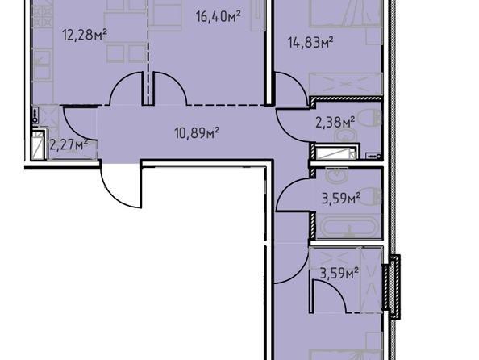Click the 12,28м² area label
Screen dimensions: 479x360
click(x=85, y=35)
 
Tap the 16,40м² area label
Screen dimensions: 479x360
click(x=219, y=16)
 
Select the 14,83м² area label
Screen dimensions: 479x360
click(x=310, y=43)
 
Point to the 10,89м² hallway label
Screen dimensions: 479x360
click(x=197, y=133)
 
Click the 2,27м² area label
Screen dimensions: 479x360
click(x=69, y=144)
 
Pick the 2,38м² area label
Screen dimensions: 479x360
click(x=335, y=122)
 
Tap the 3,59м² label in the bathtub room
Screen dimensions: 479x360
click(x=341, y=198)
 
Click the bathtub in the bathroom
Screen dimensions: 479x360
click(x=348, y=227)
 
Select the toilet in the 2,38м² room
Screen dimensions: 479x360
click(x=369, y=118)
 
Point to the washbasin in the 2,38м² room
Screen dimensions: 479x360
click(x=345, y=135)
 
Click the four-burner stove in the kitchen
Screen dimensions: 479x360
click(x=43, y=17)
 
